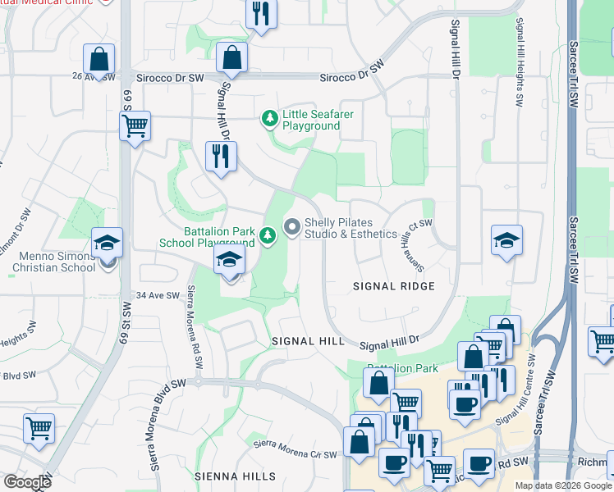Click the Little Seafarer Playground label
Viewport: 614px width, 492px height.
tap(318, 120)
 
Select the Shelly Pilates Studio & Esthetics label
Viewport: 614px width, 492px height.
tap(351, 228)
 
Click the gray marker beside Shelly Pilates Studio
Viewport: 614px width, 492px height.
tap(291, 225)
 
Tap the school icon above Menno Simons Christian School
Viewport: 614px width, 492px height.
tap(107, 243)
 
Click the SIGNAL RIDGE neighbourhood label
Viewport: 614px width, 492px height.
tap(393, 286)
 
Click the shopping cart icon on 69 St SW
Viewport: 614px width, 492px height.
tap(135, 125)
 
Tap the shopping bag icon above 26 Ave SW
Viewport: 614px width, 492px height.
tap(99, 58)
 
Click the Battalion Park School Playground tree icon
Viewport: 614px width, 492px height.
tap(267, 236)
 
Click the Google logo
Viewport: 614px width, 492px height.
tap(27, 482)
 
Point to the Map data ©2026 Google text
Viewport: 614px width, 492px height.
tap(562, 485)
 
